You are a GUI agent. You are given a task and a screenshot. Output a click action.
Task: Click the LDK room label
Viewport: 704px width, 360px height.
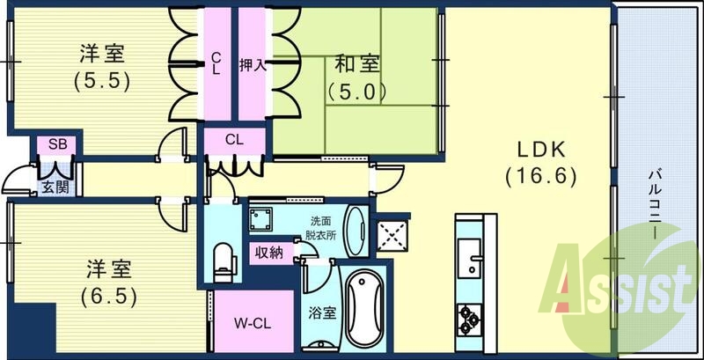point(540,149)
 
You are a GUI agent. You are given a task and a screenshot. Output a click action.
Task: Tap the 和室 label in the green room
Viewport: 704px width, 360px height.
point(356,63)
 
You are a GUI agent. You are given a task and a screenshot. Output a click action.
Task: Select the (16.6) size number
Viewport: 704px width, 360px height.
point(540,176)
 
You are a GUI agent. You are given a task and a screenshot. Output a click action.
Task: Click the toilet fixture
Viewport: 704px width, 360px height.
point(224,258)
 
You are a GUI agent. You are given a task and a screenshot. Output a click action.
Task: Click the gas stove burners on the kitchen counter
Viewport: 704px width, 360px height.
point(466,315)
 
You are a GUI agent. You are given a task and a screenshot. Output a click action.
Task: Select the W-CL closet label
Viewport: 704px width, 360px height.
point(251,323)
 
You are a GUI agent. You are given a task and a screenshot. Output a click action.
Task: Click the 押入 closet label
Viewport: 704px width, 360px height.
point(253,64)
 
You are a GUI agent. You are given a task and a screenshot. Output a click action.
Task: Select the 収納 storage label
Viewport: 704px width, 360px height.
point(269,253)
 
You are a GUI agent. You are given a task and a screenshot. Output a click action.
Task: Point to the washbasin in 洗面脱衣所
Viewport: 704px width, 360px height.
point(356,227)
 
